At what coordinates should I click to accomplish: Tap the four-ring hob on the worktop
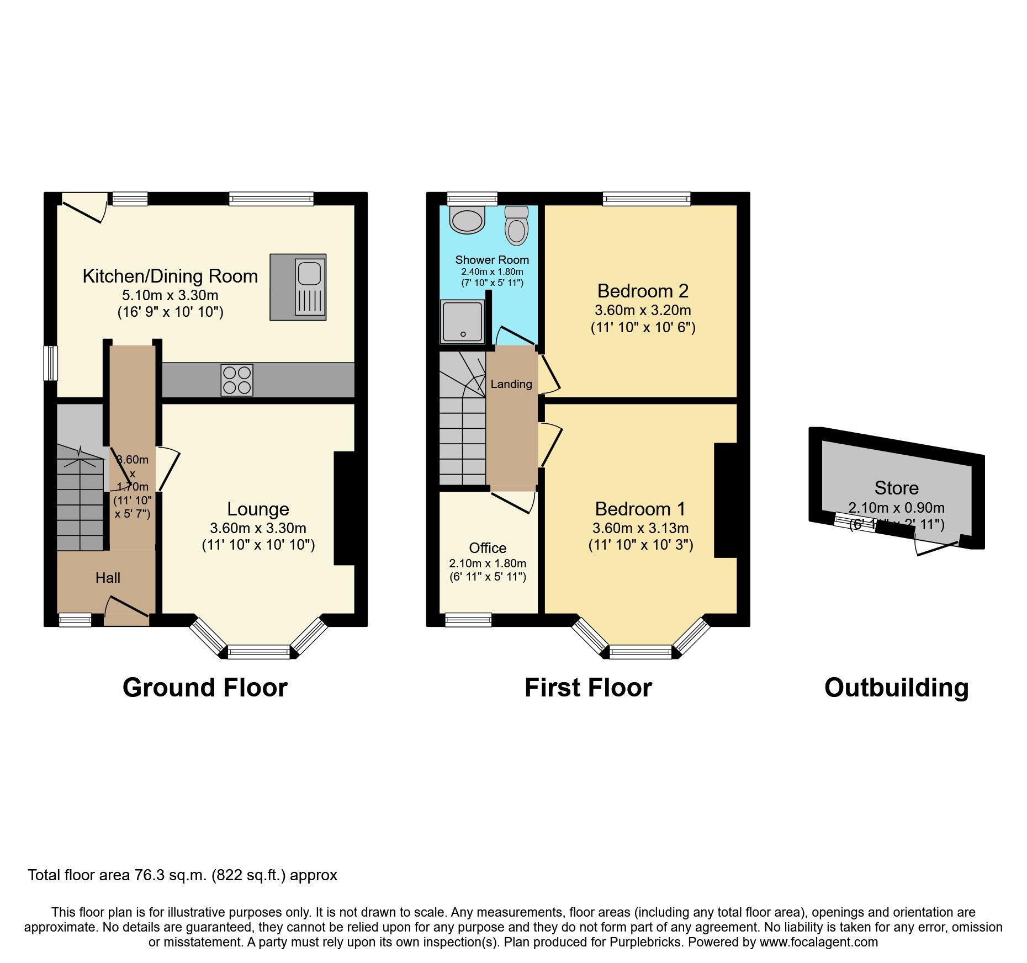click(x=237, y=380)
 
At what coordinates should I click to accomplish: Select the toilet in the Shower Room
click(x=517, y=226)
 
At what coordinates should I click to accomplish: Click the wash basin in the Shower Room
click(x=468, y=220)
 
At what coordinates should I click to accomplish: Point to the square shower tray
click(x=462, y=322)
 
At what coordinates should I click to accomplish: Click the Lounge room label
click(x=258, y=509)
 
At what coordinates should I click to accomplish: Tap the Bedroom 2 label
click(x=643, y=291)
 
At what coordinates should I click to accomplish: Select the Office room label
click(x=488, y=548)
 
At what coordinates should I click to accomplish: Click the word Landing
click(x=511, y=384)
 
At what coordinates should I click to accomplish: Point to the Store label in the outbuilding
click(x=896, y=488)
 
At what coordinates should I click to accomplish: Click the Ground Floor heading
click(x=205, y=688)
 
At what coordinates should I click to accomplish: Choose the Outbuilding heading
click(x=896, y=688)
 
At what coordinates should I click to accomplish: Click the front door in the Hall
click(x=127, y=607)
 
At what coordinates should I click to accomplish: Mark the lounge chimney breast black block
click(x=344, y=508)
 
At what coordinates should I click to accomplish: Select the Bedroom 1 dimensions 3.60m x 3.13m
click(x=640, y=528)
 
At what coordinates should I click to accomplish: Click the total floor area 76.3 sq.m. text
click(x=182, y=875)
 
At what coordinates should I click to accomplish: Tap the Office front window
click(x=468, y=620)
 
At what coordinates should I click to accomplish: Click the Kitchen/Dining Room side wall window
click(x=51, y=363)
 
